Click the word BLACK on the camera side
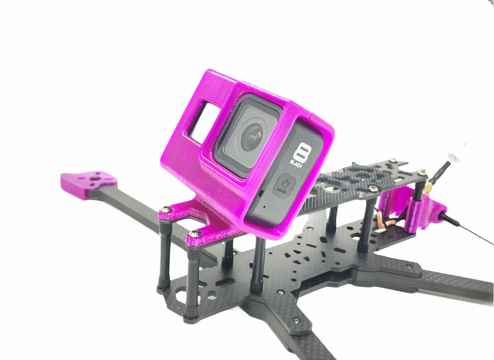pos(296,164)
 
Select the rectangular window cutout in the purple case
pos(204,123)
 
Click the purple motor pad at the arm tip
pos(89,184)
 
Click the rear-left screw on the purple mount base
pos(166,209)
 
